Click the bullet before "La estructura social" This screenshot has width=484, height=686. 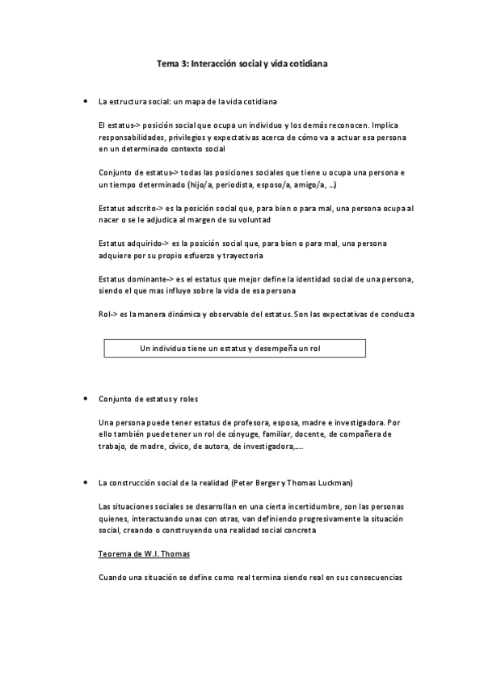tap(86, 103)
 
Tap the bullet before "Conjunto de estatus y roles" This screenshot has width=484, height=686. tap(86, 400)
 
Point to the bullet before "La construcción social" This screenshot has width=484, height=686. tap(86, 483)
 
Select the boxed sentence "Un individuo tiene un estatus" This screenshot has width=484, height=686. tap(235, 348)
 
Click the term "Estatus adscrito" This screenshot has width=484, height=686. tap(124, 208)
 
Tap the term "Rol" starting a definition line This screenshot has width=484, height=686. tap(103, 314)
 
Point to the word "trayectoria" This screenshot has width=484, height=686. tap(239, 256)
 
